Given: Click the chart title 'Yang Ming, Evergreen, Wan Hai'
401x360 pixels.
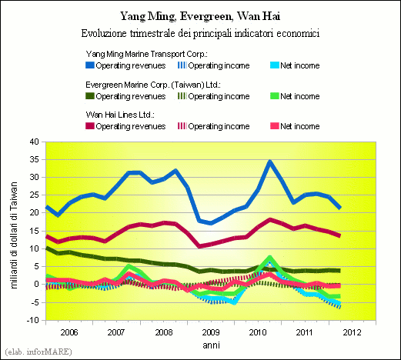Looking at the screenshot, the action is click(x=200, y=16).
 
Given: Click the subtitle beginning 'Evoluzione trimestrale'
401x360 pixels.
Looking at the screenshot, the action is click(x=200, y=33).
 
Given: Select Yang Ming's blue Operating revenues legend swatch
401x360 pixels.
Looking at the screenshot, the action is click(x=90, y=65).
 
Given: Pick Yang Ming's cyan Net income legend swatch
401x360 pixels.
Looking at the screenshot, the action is click(x=275, y=65).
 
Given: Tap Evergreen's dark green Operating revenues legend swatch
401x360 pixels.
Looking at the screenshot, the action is click(x=90, y=96).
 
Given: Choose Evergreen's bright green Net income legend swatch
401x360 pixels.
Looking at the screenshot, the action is click(x=275, y=96).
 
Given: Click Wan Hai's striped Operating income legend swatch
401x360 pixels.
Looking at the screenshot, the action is click(x=182, y=126).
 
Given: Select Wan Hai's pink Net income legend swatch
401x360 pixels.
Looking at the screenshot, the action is click(x=275, y=126).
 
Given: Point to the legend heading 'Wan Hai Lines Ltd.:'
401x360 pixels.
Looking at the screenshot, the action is click(x=120, y=115).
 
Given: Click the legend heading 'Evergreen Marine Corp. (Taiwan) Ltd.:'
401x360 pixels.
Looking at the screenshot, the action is click(x=153, y=85).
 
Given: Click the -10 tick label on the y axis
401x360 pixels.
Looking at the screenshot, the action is click(x=32, y=320).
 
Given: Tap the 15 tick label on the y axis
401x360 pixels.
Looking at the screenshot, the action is click(x=34, y=231).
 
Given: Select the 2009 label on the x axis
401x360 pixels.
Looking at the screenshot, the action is click(x=211, y=332).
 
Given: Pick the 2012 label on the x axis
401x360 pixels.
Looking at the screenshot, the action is click(x=352, y=332).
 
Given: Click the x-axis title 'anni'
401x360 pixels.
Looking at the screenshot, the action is click(x=212, y=345).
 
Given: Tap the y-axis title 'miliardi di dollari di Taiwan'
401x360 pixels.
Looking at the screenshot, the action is click(x=14, y=235).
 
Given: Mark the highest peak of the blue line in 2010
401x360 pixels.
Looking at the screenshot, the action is click(x=269, y=162).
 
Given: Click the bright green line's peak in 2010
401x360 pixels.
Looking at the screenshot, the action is click(x=269, y=257).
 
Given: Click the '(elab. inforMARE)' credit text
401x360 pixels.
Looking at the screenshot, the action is click(x=38, y=352).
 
